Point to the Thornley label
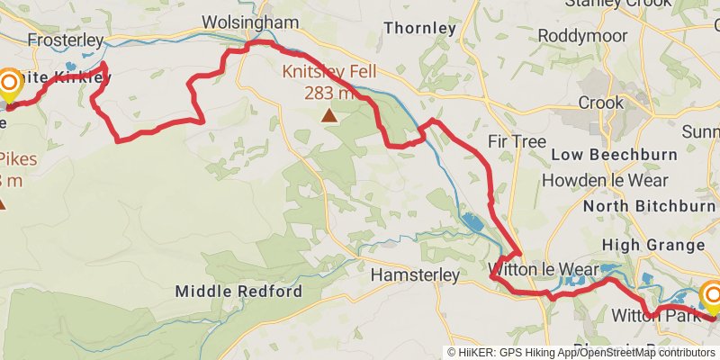[420, 29]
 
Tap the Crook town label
[600, 103]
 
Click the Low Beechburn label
[614, 155]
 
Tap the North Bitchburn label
[649, 206]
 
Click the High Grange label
[652, 245]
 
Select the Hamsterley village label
[415, 274]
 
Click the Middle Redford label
[238, 292]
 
